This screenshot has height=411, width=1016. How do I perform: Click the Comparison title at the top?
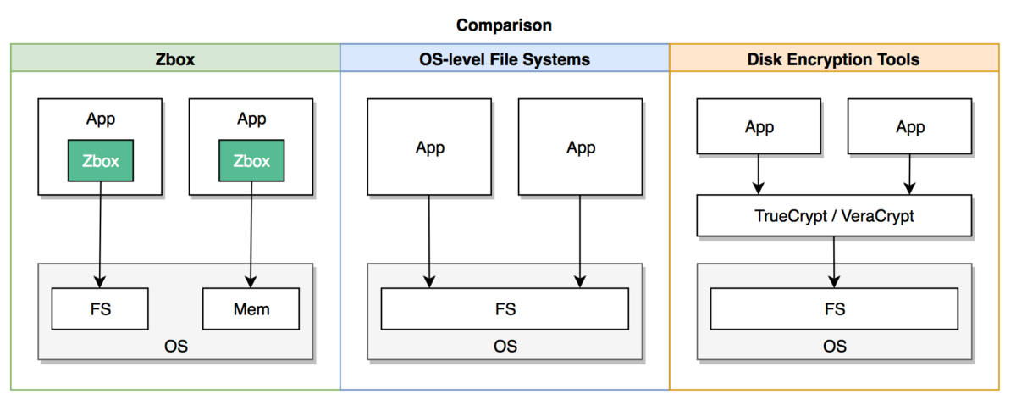pos(504,25)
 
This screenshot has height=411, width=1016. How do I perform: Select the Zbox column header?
pos(175,59)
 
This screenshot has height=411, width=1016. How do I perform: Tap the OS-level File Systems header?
pos(505,59)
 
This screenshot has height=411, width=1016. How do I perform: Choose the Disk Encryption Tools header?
pos(834,59)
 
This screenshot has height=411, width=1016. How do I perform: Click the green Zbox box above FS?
pos(101,161)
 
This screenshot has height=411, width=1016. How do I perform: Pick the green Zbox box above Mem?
pos(251,161)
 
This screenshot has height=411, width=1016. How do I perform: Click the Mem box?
pos(251,308)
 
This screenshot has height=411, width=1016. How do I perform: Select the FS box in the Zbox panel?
pos(100,308)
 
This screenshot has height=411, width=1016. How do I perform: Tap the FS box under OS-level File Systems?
pos(505,308)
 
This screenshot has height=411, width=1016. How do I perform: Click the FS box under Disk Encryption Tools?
pos(834,308)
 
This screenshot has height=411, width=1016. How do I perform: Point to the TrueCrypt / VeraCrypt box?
pos(834,216)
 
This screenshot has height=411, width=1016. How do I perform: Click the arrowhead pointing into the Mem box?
pos(251,281)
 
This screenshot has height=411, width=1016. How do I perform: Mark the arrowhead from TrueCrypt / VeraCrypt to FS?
pos(834,281)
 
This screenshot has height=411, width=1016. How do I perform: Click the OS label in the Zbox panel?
pos(176,347)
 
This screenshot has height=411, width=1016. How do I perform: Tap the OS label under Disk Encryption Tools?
pos(835,347)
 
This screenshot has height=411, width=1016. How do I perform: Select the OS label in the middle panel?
pos(505,347)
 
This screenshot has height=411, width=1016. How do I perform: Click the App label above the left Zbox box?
pos(101,119)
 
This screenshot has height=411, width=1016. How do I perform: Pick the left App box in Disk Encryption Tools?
pos(759,126)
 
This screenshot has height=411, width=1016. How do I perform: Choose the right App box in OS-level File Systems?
pos(580,147)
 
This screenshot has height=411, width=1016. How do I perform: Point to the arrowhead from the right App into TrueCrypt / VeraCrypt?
pos(909,188)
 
